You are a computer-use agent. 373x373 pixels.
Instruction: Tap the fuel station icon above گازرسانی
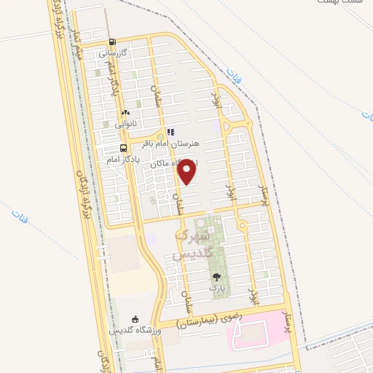tap(111, 42)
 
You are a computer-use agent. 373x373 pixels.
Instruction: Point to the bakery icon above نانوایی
tap(126, 113)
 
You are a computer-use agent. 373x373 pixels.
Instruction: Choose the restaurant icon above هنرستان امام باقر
tap(170, 133)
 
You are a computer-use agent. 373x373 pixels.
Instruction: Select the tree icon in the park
tap(216, 277)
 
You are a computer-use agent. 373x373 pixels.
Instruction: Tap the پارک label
tap(216, 288)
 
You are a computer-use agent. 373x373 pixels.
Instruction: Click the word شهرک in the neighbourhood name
tap(195, 236)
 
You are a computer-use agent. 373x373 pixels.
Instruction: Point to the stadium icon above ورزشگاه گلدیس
tap(135, 319)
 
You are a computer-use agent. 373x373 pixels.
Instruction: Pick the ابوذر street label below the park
tap(254, 294)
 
